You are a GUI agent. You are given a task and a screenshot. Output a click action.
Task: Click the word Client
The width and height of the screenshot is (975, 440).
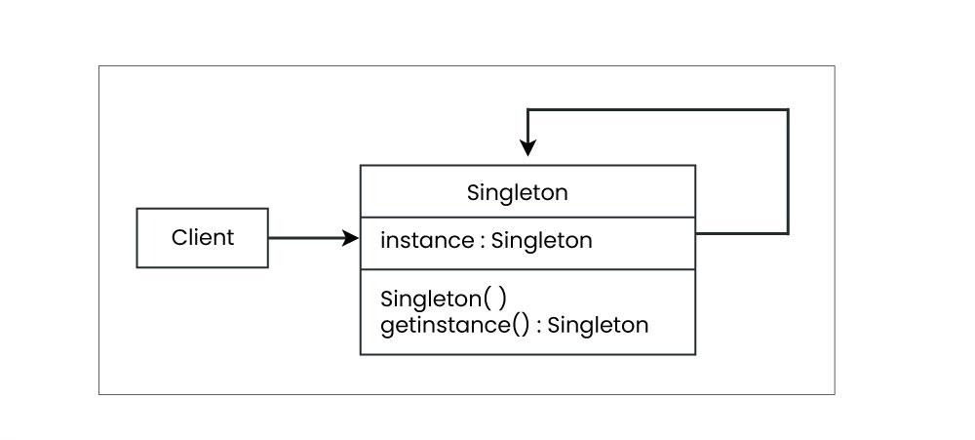tap(203, 237)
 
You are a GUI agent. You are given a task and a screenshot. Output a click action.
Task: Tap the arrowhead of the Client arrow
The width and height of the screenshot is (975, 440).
tap(351, 237)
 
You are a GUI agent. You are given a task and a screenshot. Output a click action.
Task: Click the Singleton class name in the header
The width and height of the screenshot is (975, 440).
tap(517, 192)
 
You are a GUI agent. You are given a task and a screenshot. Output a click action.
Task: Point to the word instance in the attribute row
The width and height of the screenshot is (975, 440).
tap(427, 240)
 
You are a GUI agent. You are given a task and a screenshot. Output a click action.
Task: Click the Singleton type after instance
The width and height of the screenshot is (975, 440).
tap(541, 240)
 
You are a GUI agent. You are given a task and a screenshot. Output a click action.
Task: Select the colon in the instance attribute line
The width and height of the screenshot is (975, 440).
tap(482, 241)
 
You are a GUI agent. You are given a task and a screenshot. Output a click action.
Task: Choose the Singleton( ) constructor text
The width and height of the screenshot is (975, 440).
tap(444, 299)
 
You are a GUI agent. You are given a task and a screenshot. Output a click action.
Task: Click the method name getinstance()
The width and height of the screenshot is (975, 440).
tap(454, 324)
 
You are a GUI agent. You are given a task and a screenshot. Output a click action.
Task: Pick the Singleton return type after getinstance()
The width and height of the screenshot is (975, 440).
tap(598, 324)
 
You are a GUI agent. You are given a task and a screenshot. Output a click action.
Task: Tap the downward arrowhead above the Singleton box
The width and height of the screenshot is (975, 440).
tap(527, 148)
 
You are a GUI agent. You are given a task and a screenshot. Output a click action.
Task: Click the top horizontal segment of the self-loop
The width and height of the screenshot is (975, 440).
tap(658, 110)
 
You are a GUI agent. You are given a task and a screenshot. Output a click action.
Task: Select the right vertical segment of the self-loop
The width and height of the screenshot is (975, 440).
tap(788, 172)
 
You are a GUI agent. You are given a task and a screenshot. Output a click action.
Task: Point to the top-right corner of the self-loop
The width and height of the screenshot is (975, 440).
tap(788, 110)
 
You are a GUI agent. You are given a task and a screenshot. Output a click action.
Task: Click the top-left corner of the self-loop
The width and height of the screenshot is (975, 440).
tap(527, 110)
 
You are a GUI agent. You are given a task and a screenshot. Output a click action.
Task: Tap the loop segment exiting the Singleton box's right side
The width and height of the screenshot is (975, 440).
tap(741, 234)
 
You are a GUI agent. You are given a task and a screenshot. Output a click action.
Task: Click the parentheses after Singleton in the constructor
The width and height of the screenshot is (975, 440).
tap(495, 299)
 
